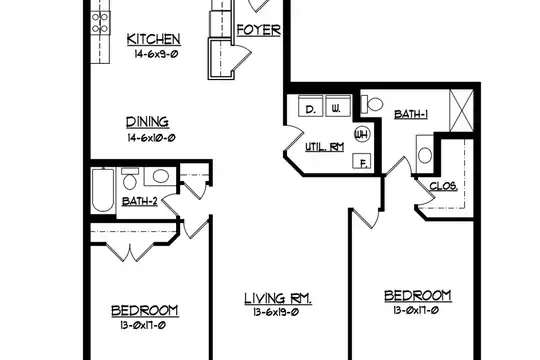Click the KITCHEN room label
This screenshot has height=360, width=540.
pos(154,39)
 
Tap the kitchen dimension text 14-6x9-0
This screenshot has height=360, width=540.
pos(156,54)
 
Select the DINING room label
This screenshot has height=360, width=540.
pos(147,122)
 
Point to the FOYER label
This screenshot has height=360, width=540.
pos(259,30)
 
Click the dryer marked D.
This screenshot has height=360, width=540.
pos(310,105)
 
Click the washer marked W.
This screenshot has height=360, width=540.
pos(338,105)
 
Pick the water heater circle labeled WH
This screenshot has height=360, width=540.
pos(362,134)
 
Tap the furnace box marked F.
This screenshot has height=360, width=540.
pos(361,161)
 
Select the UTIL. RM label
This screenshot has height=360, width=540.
pos(324,147)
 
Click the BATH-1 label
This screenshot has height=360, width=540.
pos(411,114)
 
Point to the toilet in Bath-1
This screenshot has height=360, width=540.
pos(372,104)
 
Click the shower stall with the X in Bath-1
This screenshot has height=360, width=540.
pos(461,110)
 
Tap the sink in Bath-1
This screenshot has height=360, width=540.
pos(425,155)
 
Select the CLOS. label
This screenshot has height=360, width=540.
pos(444,186)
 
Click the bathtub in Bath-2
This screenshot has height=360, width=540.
pos(103,190)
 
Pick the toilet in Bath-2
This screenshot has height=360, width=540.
pos(129,178)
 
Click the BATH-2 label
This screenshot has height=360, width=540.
pos(140,201)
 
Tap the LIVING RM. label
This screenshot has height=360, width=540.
pos(278,299)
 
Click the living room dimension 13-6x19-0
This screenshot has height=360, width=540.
pos(276,312)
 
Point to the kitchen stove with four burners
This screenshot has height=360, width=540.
pos(101,23)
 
